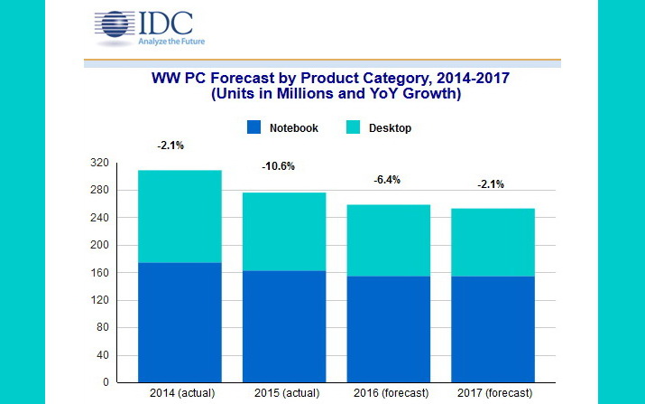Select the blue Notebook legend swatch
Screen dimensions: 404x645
pos(253,128)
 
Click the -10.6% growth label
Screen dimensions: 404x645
pos(278,166)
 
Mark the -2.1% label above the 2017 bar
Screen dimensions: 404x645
pos(491,184)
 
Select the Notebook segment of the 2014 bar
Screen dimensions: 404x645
pos(179,322)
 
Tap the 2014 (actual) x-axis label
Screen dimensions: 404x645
pos(179,393)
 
